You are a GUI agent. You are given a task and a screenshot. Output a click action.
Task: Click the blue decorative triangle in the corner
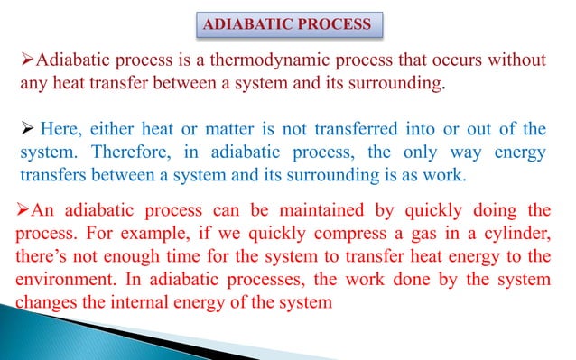coord(45,338)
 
